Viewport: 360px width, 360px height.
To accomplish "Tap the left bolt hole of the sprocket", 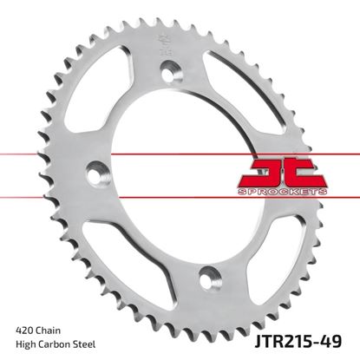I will (x=91, y=178).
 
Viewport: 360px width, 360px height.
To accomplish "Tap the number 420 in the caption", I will (x=28, y=331).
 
